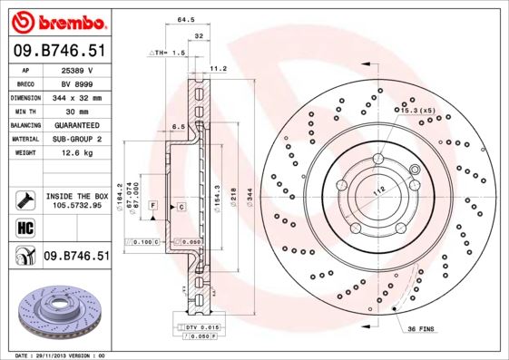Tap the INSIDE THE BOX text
coord(77,196)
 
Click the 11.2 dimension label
coord(218,68)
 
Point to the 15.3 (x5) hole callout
coord(413,109)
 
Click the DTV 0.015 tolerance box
coord(201,326)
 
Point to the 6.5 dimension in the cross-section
coord(179,126)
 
